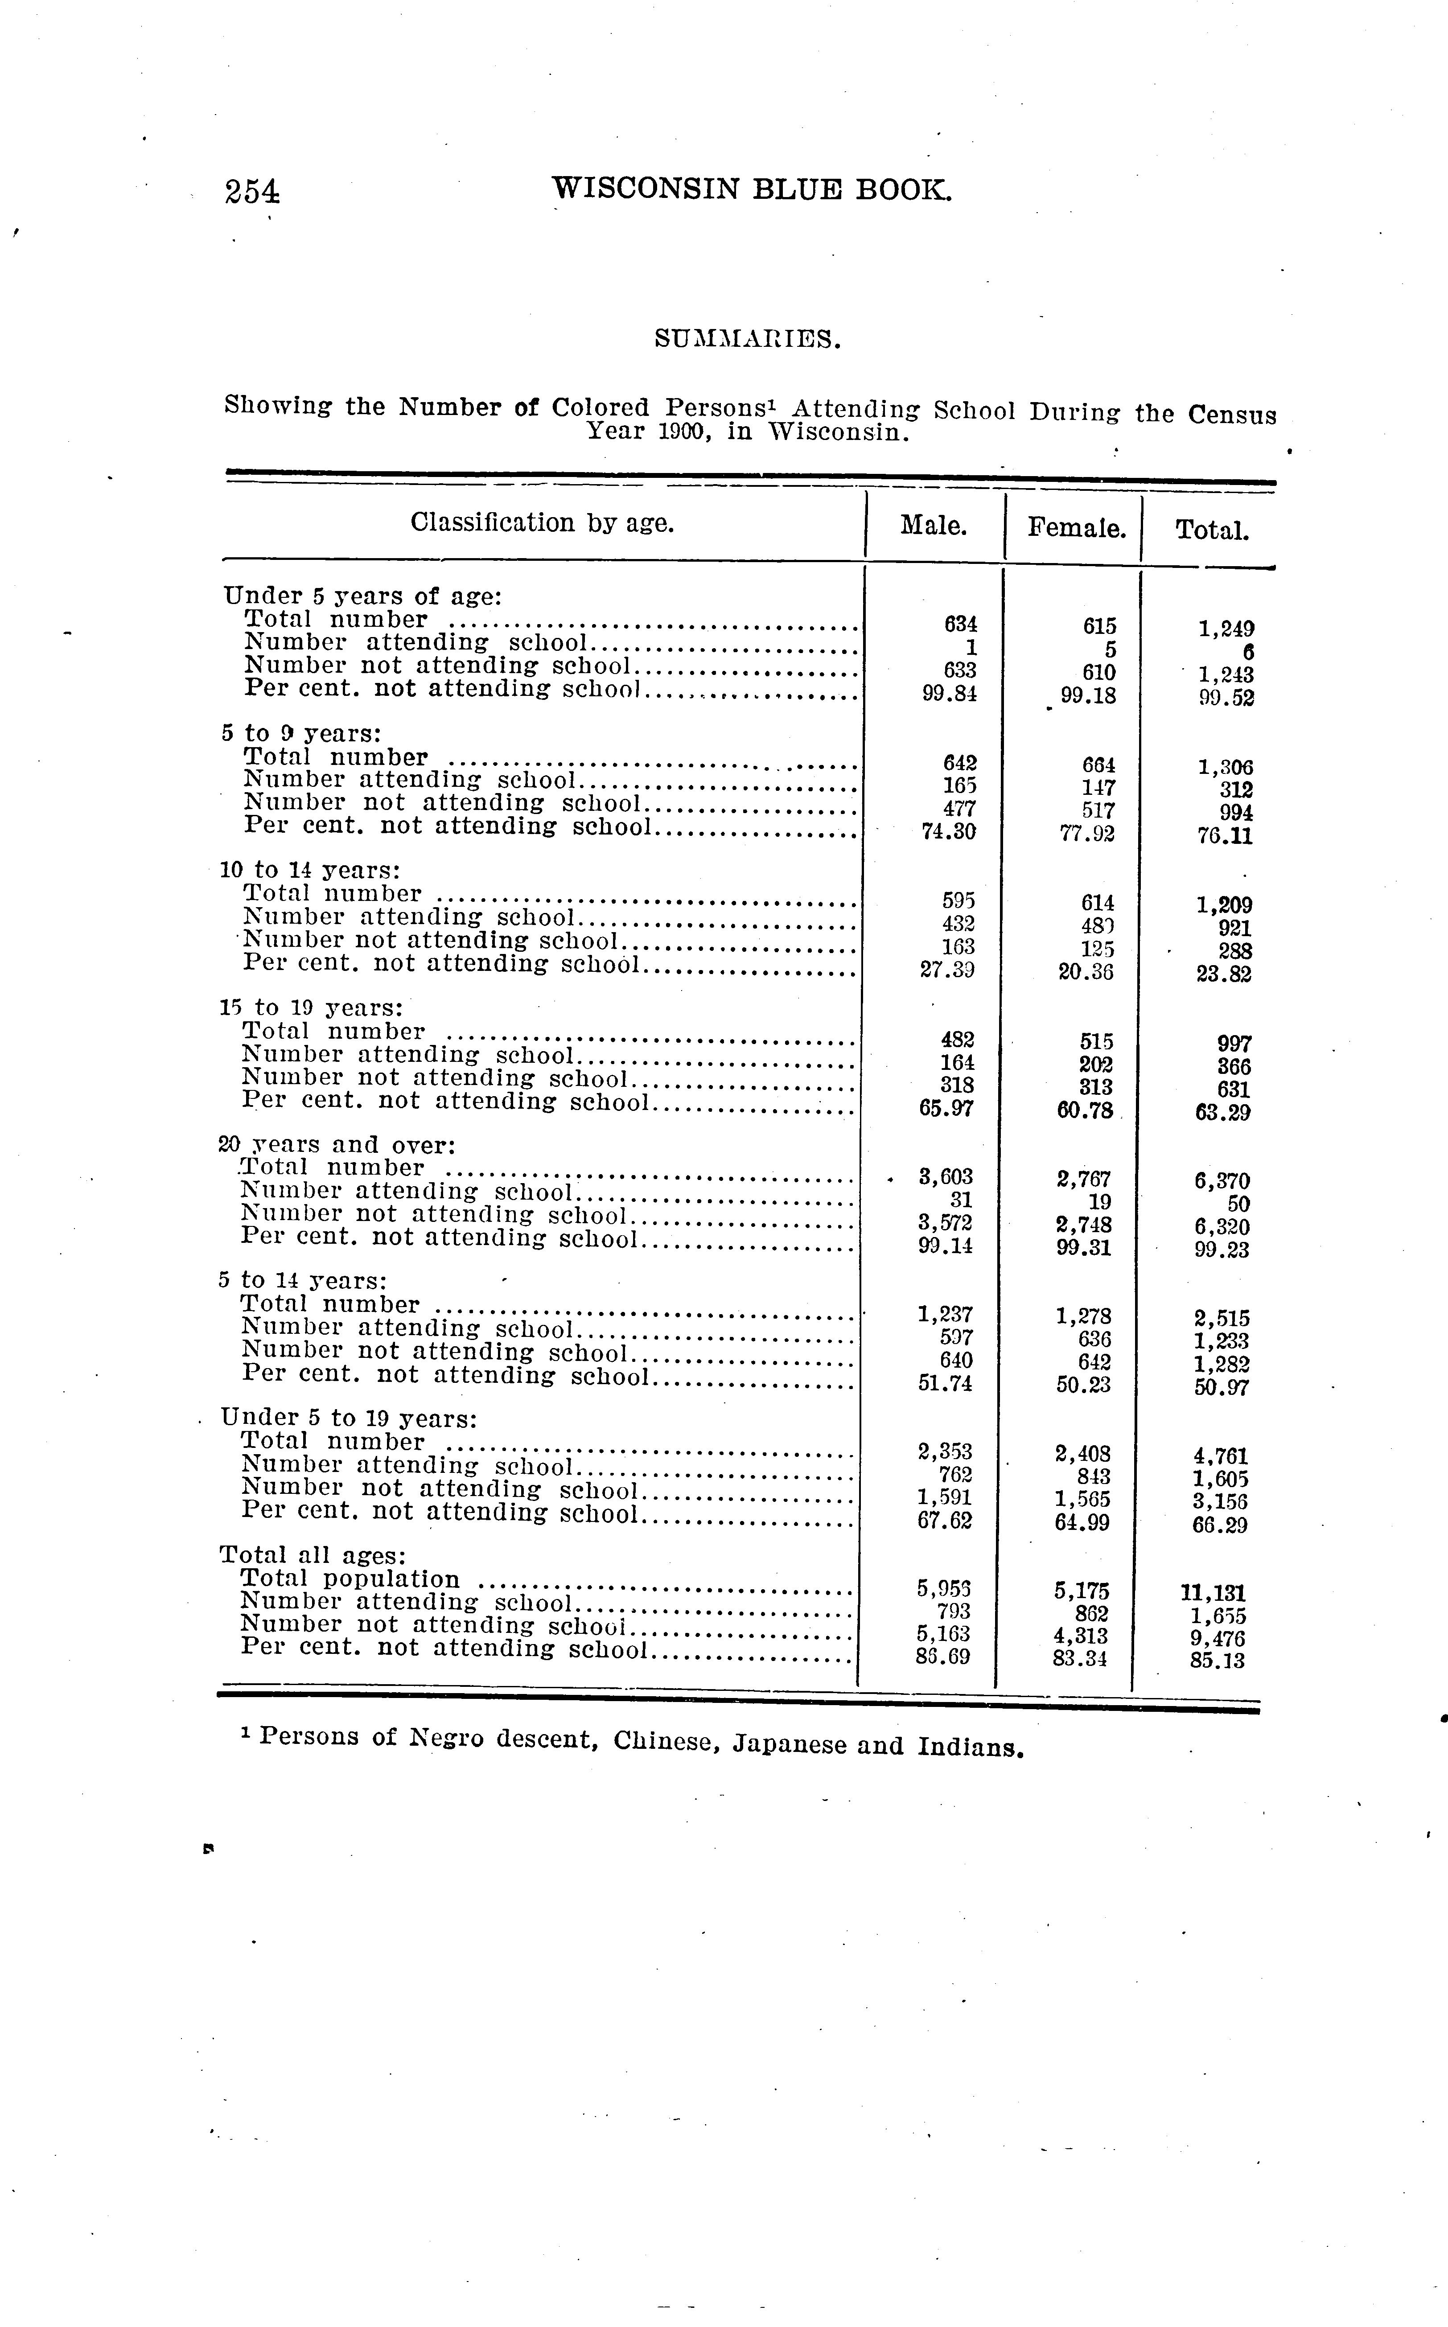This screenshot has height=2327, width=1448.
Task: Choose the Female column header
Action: [x=1077, y=528]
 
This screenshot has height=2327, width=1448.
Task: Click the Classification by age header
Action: [x=542, y=523]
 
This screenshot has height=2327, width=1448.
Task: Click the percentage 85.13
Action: [x=1217, y=1661]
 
